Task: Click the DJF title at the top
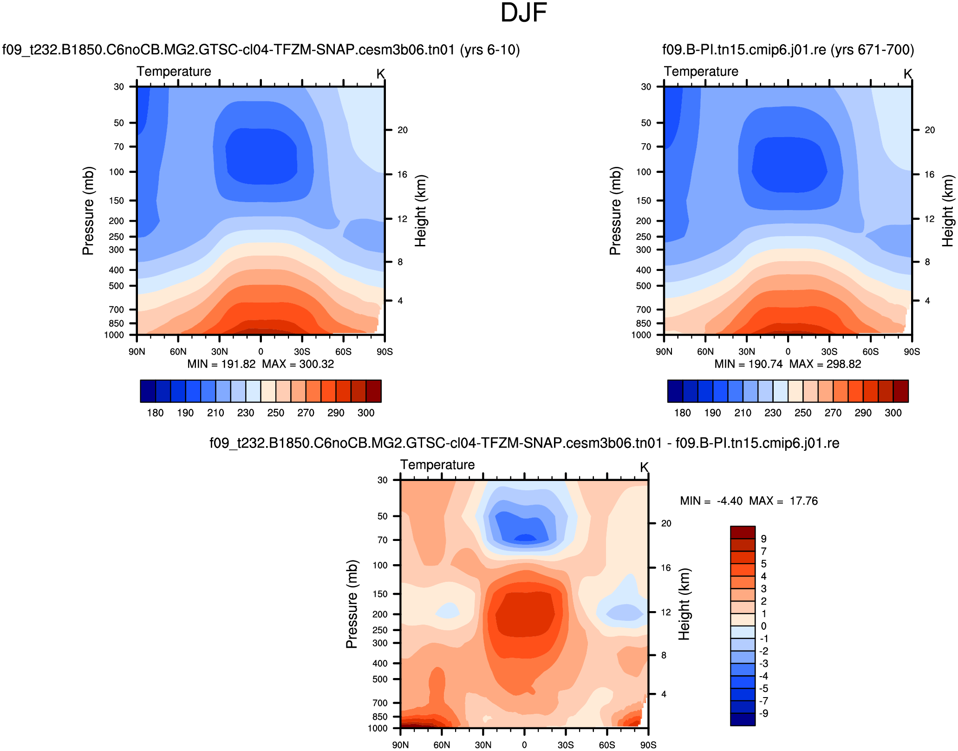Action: pyautogui.click(x=523, y=13)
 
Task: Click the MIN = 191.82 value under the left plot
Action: pyautogui.click(x=222, y=364)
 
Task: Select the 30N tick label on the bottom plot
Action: pyautogui.click(x=483, y=745)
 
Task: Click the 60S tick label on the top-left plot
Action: pyautogui.click(x=343, y=352)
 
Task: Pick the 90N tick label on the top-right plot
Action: pyautogui.click(x=664, y=352)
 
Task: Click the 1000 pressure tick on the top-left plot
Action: pyautogui.click(x=114, y=335)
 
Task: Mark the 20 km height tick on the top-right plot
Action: pyautogui.click(x=930, y=130)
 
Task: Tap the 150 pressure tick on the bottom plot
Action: pyautogui.click(x=380, y=594)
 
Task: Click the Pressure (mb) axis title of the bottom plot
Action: pyautogui.click(x=352, y=604)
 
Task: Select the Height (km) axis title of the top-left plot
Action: pyautogui.click(x=420, y=211)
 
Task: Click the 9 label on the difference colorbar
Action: pyautogui.click(x=763, y=539)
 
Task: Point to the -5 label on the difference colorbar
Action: pyautogui.click(x=763, y=689)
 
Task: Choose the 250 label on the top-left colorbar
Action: pyautogui.click(x=276, y=413)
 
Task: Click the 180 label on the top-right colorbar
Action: pyautogui.click(x=683, y=413)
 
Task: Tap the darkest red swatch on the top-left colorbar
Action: pyautogui.click(x=374, y=391)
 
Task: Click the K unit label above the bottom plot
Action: pyautogui.click(x=644, y=467)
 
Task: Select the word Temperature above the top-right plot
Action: pyautogui.click(x=701, y=72)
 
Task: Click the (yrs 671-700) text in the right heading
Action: pyautogui.click(x=873, y=50)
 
